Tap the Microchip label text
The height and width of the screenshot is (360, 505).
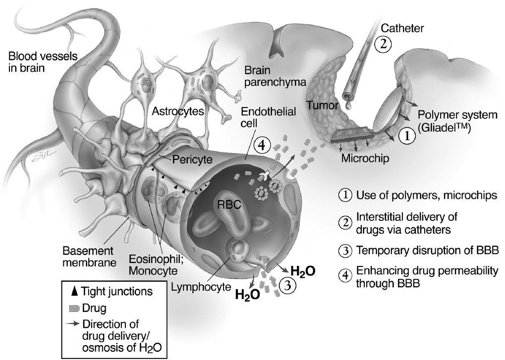point(364,158)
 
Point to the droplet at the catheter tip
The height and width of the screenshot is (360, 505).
point(347,104)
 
